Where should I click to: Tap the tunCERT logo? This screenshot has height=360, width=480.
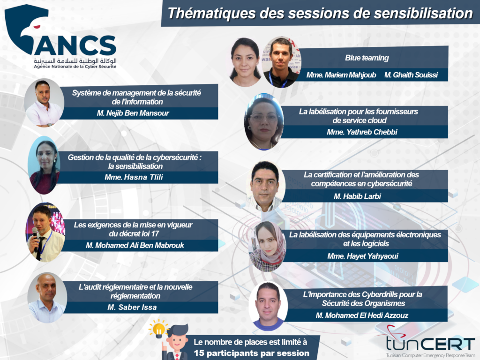(430, 342)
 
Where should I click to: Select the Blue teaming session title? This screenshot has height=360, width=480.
(367, 58)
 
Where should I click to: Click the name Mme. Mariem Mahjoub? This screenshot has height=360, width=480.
(341, 75)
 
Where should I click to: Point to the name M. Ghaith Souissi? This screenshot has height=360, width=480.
(411, 75)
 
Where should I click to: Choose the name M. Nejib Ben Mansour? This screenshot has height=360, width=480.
(133, 113)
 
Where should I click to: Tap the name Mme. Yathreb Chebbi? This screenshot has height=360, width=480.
(362, 132)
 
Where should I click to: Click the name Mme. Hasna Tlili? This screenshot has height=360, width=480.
(134, 177)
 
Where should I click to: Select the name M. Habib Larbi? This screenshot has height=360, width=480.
(357, 196)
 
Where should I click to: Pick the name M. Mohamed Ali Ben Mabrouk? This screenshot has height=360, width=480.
(135, 245)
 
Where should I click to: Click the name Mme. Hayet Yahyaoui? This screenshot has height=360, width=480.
(363, 256)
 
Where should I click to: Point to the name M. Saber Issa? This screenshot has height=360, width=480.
(132, 307)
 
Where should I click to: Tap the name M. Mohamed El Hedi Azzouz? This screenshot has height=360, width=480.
(362, 315)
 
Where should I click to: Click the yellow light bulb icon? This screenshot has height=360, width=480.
(158, 329)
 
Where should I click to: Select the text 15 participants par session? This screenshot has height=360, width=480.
(251, 353)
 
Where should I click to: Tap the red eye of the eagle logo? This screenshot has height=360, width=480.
(37, 27)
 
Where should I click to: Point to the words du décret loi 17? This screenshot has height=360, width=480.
(134, 233)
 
